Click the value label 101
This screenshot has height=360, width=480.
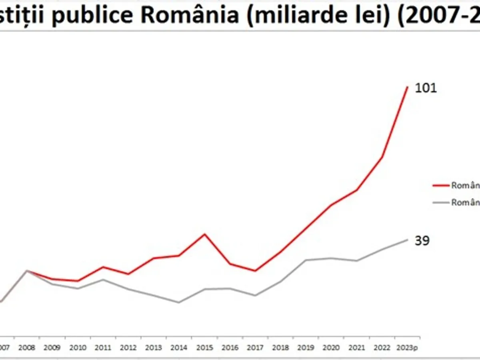(x=426, y=88)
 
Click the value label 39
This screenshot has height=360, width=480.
(x=422, y=241)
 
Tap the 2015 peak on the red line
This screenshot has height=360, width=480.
(x=204, y=234)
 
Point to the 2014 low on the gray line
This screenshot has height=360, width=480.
(x=179, y=302)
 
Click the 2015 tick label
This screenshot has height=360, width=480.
(x=204, y=348)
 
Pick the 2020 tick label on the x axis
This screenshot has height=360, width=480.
(x=331, y=348)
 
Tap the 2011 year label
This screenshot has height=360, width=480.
(x=103, y=348)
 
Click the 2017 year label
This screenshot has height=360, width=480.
(x=255, y=348)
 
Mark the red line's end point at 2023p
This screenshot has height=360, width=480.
(x=407, y=87)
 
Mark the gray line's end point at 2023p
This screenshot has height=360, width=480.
(x=407, y=240)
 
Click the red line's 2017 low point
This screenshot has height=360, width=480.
(x=255, y=271)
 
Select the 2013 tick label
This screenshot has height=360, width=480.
(x=154, y=348)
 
